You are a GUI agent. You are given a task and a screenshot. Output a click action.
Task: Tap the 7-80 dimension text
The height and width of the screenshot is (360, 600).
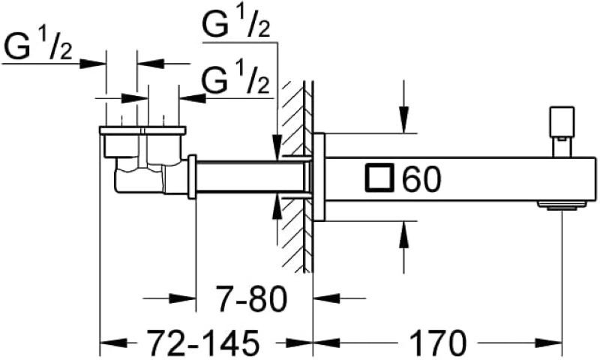tap(251, 298)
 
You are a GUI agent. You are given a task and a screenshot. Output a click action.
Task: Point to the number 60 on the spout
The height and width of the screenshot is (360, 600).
tap(421, 179)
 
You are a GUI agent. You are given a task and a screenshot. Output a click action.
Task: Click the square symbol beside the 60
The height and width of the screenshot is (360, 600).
tap(379, 178)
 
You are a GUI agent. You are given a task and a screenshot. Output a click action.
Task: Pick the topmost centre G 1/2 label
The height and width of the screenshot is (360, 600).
tap(236, 22)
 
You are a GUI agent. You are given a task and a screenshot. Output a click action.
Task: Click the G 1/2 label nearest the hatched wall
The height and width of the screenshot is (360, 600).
tap(235, 79)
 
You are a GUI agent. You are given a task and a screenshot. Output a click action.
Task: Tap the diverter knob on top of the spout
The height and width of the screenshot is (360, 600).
tap(562, 131)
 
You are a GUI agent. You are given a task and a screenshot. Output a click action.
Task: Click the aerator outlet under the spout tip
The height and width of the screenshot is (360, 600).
tap(562, 205)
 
